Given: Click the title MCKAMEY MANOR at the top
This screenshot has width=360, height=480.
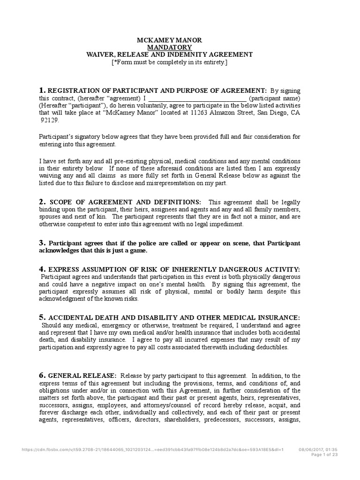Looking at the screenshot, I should [x=169, y=40].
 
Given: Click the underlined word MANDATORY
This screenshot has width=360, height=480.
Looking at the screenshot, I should [x=169, y=47].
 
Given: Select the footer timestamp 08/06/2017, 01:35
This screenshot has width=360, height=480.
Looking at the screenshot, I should [x=318, y=449].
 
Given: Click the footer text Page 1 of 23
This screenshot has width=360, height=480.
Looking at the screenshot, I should [x=324, y=454].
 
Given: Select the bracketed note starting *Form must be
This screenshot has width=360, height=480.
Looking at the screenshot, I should [x=169, y=62].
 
